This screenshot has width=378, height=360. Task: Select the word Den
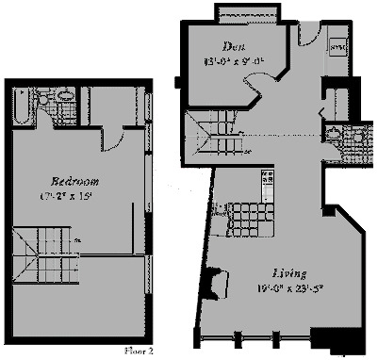click(234, 46)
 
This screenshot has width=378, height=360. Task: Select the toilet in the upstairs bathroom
click(64, 95)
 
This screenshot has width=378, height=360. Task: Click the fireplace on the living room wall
click(217, 282)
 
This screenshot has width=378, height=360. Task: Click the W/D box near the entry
click(337, 46)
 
